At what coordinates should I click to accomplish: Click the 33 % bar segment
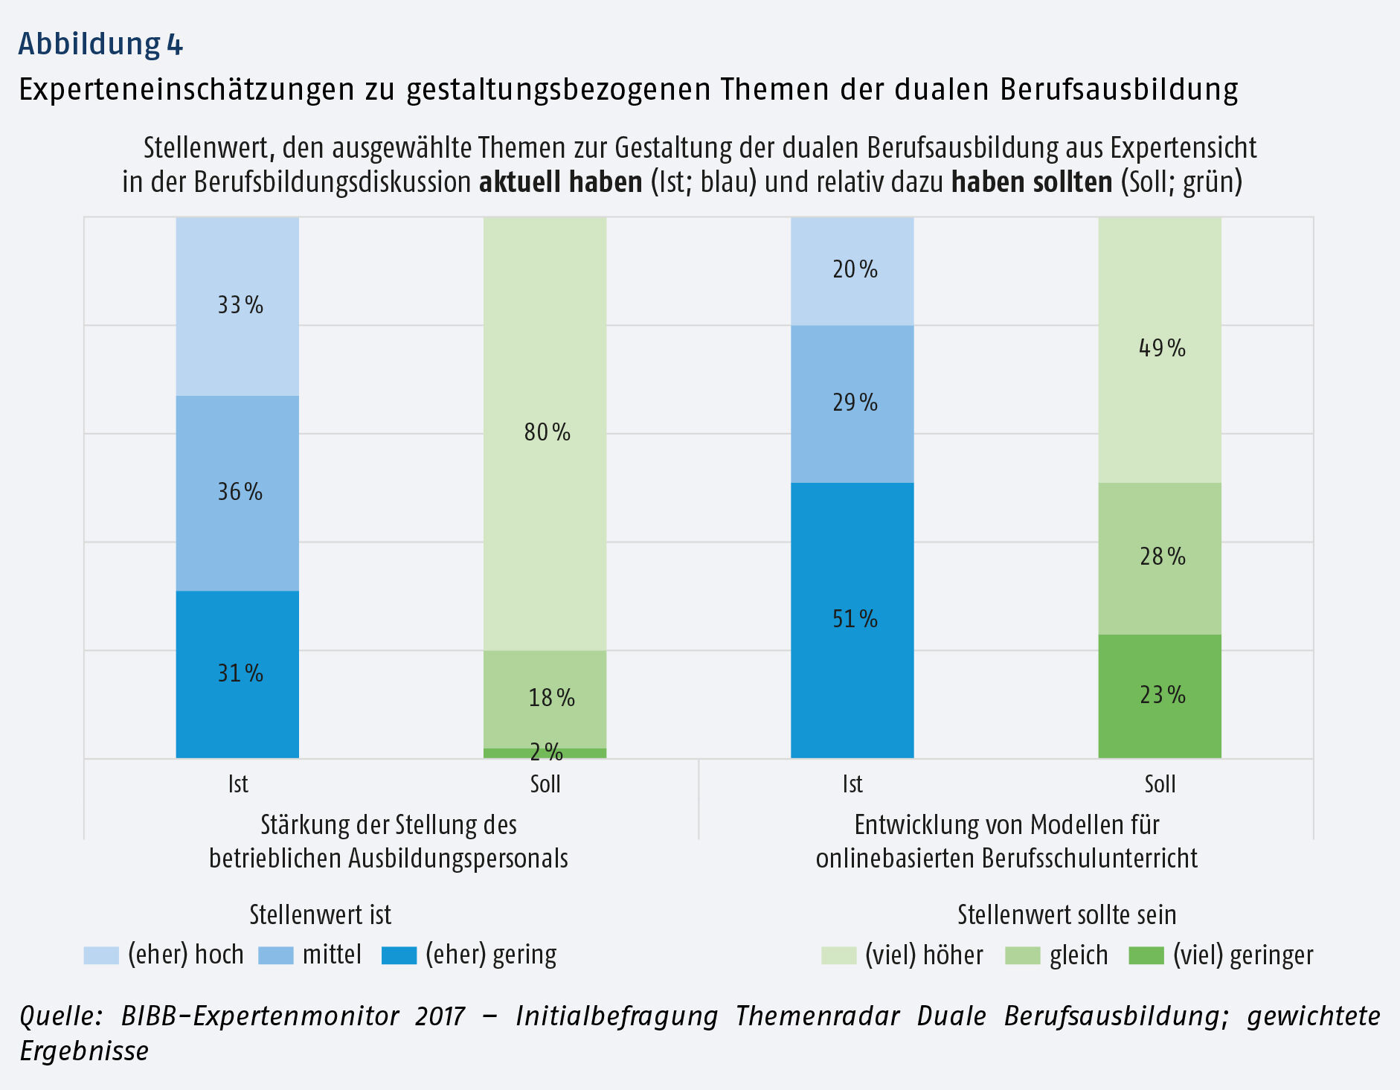(x=237, y=306)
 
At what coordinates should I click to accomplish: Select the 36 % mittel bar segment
(x=237, y=493)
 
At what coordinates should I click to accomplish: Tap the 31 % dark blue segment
(x=237, y=674)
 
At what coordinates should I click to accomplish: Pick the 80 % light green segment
(x=545, y=433)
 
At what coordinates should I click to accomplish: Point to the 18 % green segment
(x=545, y=699)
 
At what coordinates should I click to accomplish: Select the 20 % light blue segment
(x=852, y=270)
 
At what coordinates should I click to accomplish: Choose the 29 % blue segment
(x=852, y=403)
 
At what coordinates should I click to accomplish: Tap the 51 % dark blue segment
(x=852, y=620)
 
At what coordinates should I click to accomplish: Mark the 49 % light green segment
(x=1160, y=349)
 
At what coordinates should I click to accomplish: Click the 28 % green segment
(x=1160, y=557)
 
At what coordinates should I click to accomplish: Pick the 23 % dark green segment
(x=1160, y=696)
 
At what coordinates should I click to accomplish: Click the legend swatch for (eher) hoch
(x=101, y=955)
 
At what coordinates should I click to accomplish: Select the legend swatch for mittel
(x=276, y=955)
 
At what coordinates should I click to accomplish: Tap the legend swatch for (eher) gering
(x=399, y=955)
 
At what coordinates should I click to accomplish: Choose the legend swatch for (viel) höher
(x=838, y=955)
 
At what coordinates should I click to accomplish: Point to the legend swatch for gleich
(x=1022, y=955)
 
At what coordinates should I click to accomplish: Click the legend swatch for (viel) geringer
(x=1146, y=955)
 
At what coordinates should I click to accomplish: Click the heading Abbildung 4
(x=100, y=44)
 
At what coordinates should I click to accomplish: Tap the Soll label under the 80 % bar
(x=545, y=784)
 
